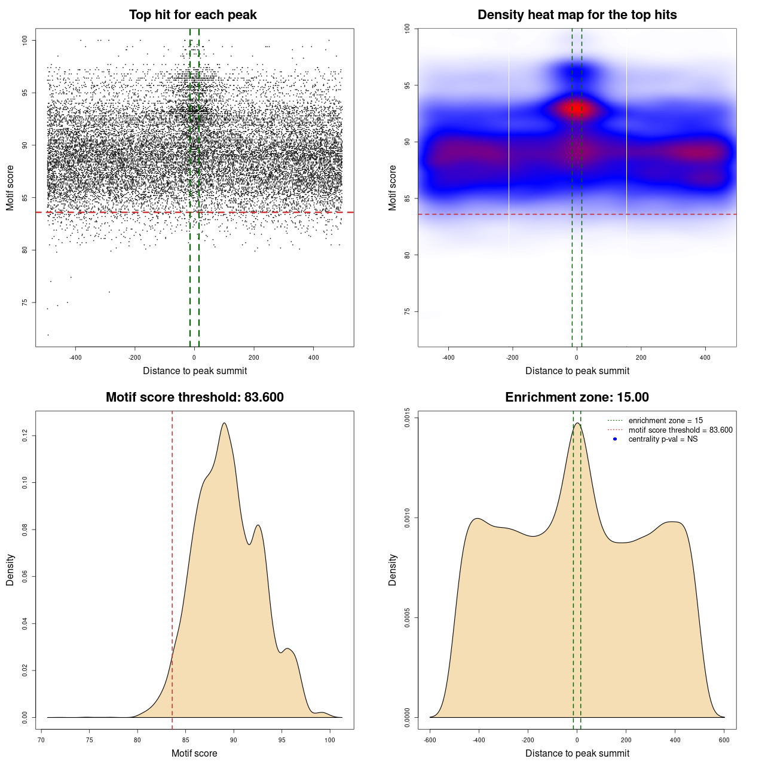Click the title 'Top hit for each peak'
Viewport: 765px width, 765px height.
pos(192,15)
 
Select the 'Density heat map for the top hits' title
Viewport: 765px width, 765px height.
pos(577,15)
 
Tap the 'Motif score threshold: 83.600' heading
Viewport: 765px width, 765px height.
pos(194,397)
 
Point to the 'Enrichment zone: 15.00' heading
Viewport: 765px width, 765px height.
pos(577,397)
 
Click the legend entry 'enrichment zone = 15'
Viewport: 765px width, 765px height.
pos(665,421)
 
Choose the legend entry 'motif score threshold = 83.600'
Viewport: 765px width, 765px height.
pos(680,430)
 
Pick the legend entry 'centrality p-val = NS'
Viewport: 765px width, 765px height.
pos(663,439)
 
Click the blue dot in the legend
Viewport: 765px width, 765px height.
pos(615,439)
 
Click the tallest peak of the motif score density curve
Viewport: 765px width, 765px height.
pos(224,423)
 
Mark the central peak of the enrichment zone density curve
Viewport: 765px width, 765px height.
pos(577,424)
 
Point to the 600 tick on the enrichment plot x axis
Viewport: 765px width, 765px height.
pos(724,740)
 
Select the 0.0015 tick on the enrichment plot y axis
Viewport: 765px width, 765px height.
pos(407,418)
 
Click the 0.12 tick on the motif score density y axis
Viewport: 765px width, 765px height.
pos(25,436)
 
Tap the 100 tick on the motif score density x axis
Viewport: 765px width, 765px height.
pos(330,740)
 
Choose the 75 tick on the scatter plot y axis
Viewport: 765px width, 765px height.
pos(25,302)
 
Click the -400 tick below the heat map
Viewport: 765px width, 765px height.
pos(448,357)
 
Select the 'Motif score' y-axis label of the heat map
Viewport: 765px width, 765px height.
pos(393,188)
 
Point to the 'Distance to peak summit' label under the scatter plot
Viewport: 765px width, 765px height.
pos(195,371)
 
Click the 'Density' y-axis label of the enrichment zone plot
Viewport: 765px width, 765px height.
pos(393,570)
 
